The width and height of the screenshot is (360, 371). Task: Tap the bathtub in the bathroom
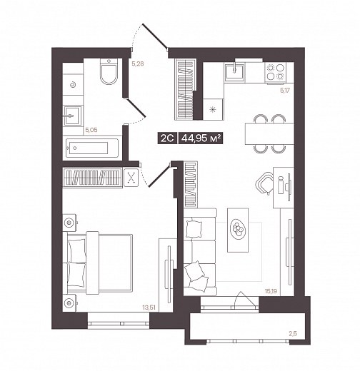click(x=92, y=148)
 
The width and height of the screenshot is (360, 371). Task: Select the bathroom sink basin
click(x=73, y=116)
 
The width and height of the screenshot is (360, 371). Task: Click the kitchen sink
click(x=234, y=71)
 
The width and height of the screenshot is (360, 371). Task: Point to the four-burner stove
click(x=276, y=72)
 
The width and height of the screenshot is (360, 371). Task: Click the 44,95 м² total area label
click(x=201, y=138)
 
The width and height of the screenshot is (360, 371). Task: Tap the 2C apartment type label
click(x=167, y=138)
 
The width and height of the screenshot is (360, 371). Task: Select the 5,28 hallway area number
click(x=138, y=63)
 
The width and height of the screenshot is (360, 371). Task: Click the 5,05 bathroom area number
click(x=91, y=130)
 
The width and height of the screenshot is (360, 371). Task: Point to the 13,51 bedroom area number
click(x=149, y=308)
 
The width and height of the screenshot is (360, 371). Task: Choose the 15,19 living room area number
click(x=271, y=291)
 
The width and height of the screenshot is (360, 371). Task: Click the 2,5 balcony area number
click(x=293, y=334)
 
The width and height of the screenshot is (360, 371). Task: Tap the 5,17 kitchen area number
click(x=285, y=91)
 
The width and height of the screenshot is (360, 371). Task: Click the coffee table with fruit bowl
click(x=238, y=230)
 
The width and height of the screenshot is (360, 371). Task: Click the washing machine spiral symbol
click(x=73, y=85)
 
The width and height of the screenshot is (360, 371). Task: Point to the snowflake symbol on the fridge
click(x=213, y=109)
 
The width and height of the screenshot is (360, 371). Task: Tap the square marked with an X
click(x=131, y=178)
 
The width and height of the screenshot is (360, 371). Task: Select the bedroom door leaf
click(x=159, y=175)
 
